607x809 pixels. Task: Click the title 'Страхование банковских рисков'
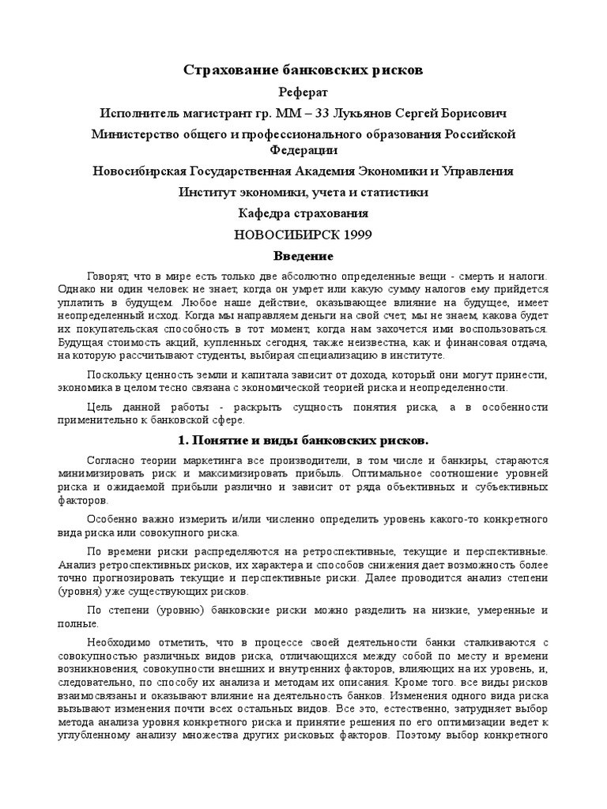[x=303, y=71]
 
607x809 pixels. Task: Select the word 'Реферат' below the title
[x=303, y=92]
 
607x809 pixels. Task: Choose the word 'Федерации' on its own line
[x=303, y=149]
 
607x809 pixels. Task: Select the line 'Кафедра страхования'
[x=303, y=213]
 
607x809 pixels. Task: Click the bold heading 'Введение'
[x=303, y=256]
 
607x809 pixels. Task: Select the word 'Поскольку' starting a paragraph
[x=115, y=374]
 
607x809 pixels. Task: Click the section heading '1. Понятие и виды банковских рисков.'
[x=303, y=438]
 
